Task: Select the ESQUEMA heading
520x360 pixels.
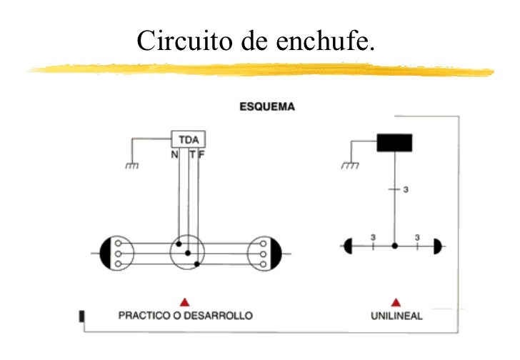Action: [266, 106]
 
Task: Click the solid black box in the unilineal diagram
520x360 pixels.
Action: [394, 142]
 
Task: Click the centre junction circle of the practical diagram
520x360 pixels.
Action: [188, 253]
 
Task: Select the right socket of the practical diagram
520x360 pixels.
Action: [265, 253]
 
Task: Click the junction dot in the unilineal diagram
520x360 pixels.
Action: [394, 246]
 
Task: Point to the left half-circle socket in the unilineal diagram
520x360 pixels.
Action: [349, 246]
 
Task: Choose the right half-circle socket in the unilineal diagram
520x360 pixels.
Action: [437, 246]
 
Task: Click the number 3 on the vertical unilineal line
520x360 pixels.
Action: [406, 190]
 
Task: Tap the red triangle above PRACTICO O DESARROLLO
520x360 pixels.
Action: [184, 301]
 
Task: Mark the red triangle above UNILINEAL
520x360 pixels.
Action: [395, 301]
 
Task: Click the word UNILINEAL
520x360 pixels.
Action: [396, 316]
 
